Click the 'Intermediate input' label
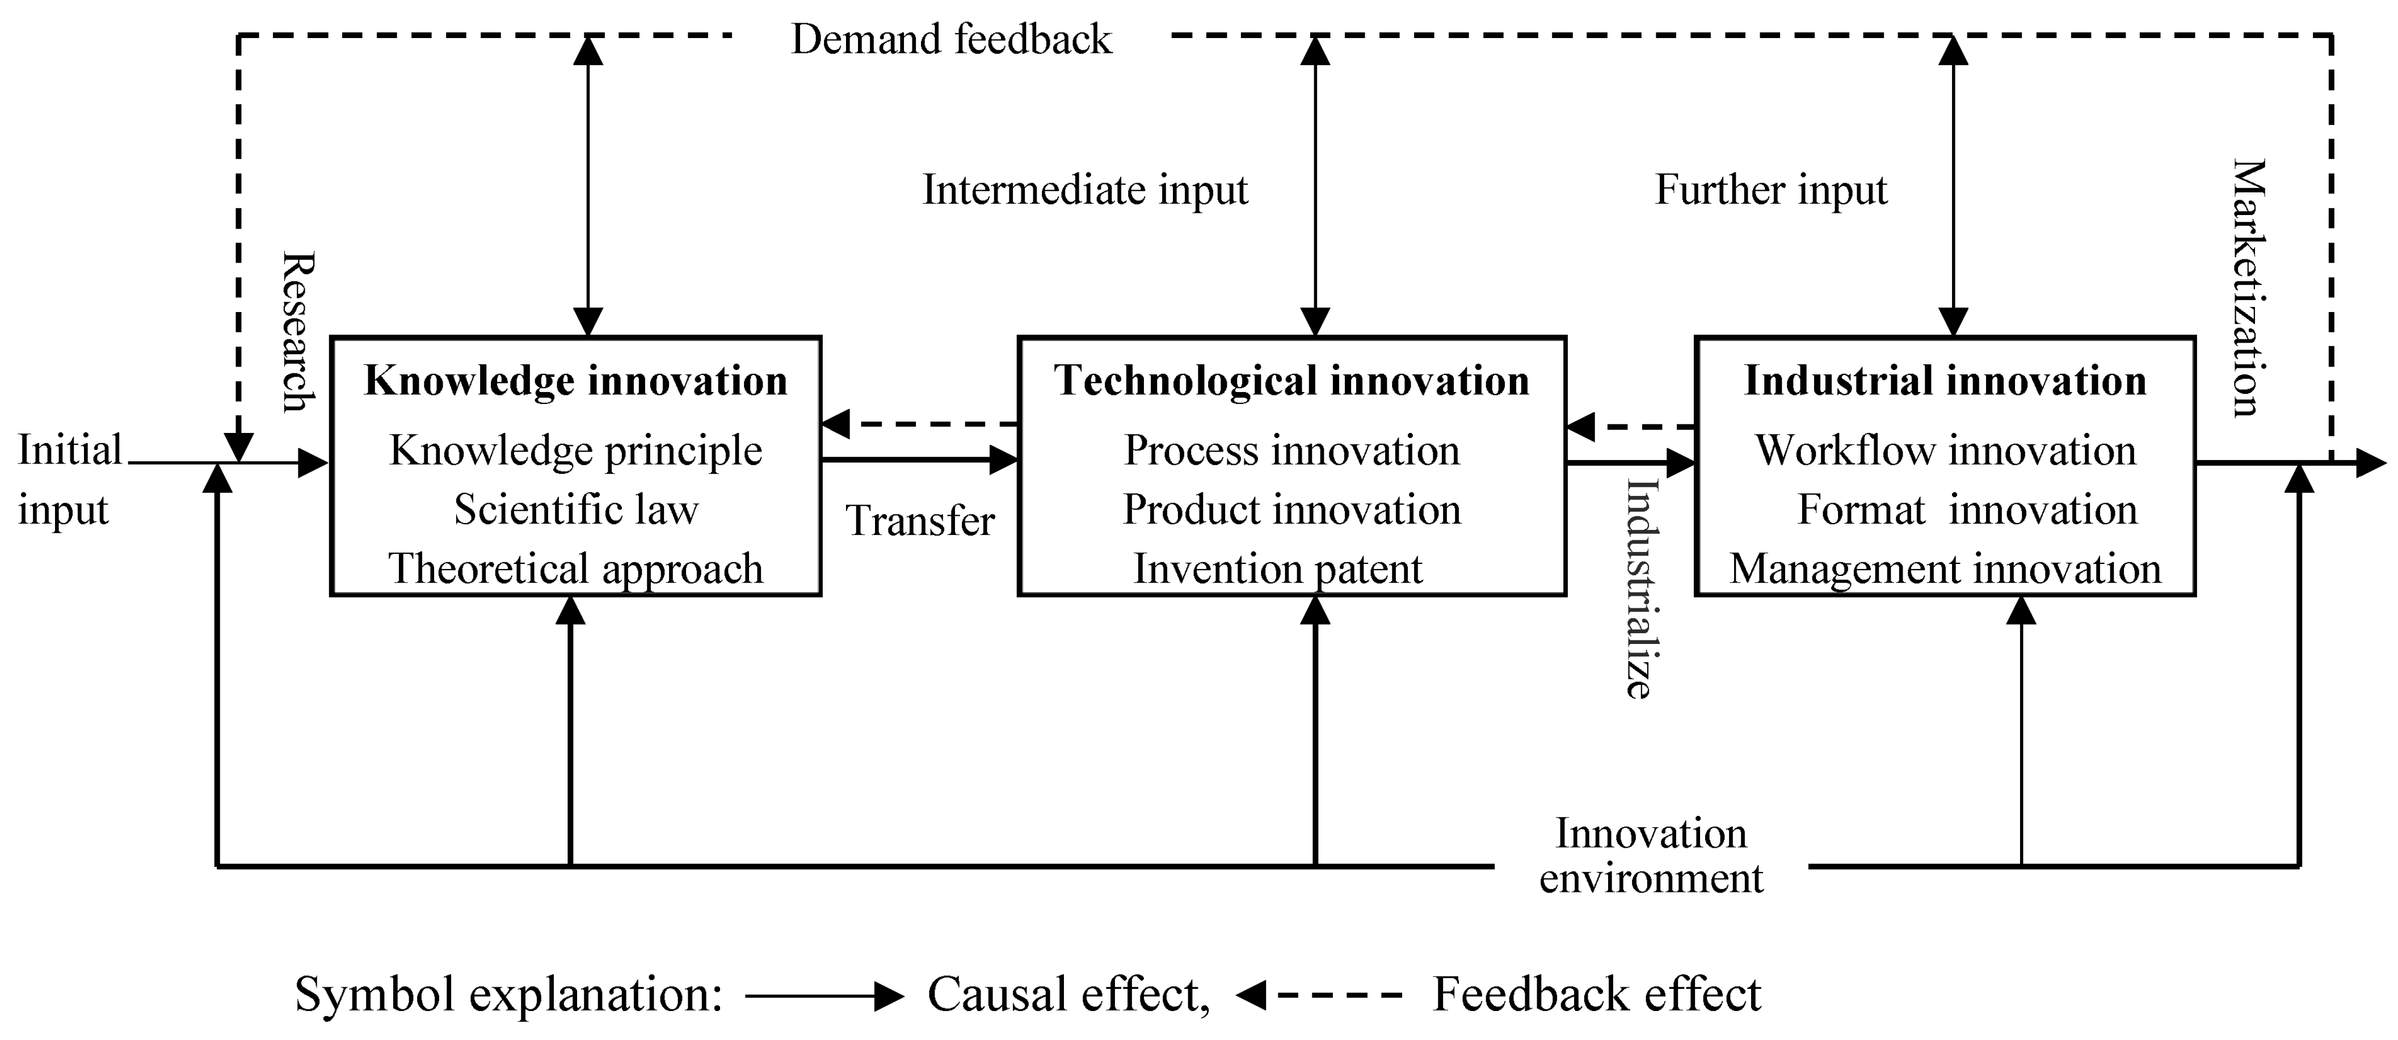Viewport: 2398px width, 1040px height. pos(1084,190)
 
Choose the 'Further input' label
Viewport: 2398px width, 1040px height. pos(1770,190)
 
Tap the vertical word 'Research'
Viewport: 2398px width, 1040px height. pos(298,331)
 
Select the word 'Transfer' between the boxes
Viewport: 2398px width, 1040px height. pos(920,520)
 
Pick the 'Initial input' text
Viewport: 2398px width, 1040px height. pos(69,479)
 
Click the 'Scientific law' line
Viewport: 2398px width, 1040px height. pos(575,510)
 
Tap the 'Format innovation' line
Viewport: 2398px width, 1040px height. pos(1966,510)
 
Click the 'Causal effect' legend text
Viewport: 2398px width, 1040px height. pos(1068,995)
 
